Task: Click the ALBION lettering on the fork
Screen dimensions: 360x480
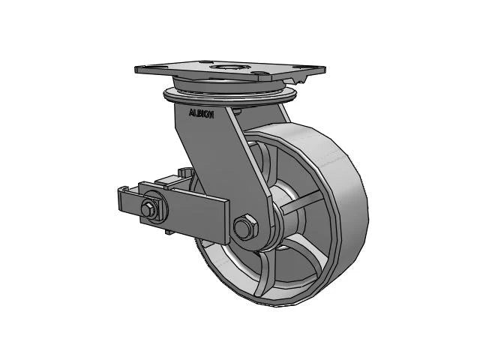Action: click(x=200, y=115)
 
